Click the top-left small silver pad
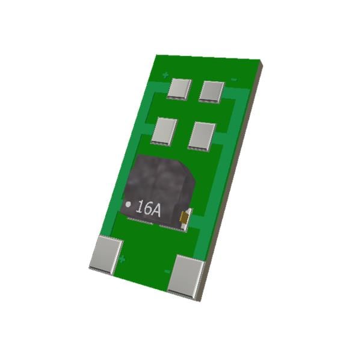click(x=179, y=88)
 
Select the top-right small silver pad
click(x=212, y=91)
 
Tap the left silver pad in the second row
click(x=164, y=130)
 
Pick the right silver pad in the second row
click(x=202, y=135)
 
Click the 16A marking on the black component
click(x=148, y=209)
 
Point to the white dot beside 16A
click(x=128, y=204)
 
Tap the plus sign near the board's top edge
click(x=165, y=75)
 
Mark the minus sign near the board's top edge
click(x=235, y=79)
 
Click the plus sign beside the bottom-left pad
click(x=122, y=259)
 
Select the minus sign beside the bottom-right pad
click(x=167, y=271)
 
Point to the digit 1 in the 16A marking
click(x=139, y=208)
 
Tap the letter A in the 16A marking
click(x=156, y=210)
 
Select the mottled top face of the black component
click(x=159, y=178)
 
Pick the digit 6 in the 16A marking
click(x=147, y=209)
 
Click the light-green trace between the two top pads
click(x=196, y=90)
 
